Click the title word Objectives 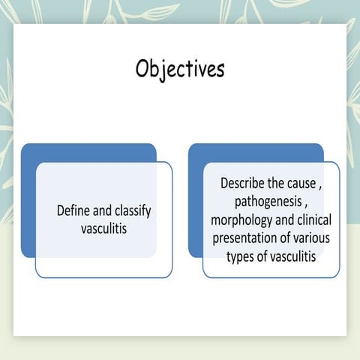click(180, 68)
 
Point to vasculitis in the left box click(104, 228)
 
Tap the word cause click(301, 183)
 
